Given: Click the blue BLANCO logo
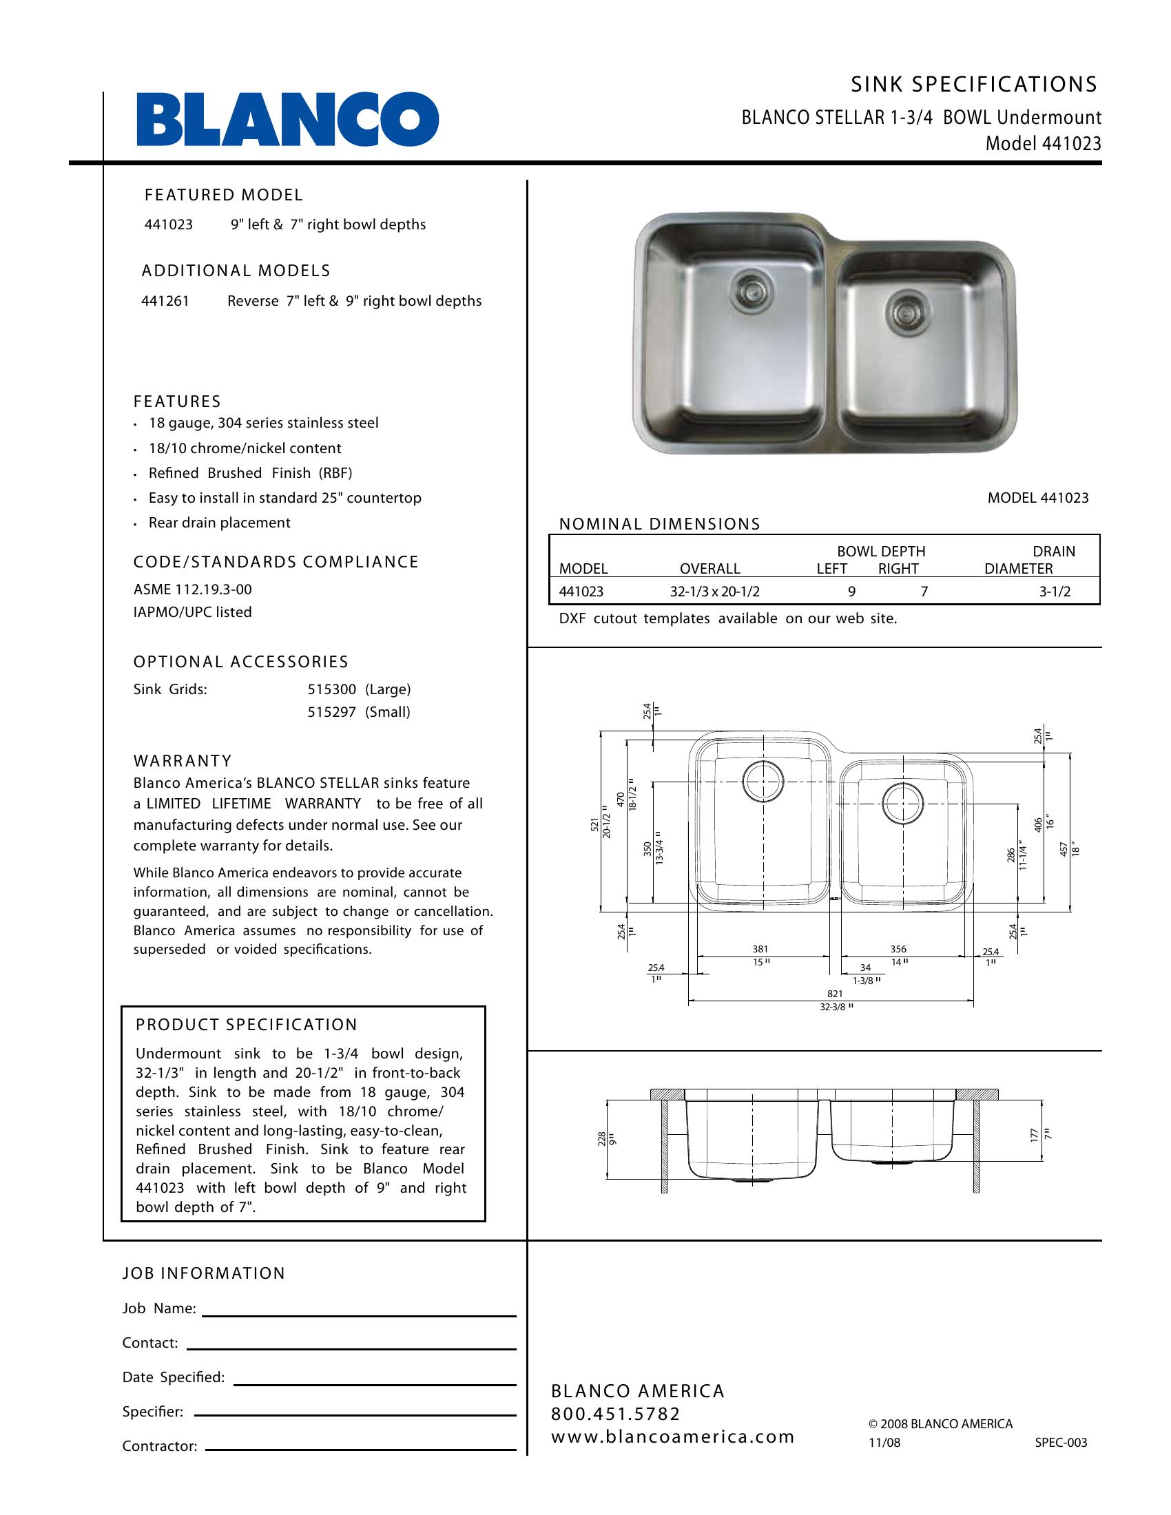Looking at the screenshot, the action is tap(287, 119).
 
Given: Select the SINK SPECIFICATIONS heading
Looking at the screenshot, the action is tap(974, 85).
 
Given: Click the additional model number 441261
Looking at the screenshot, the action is tap(165, 301).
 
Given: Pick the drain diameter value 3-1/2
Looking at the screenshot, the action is tap(1055, 592).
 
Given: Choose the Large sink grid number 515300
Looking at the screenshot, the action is tap(331, 689).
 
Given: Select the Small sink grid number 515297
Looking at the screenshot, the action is tap(331, 712).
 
